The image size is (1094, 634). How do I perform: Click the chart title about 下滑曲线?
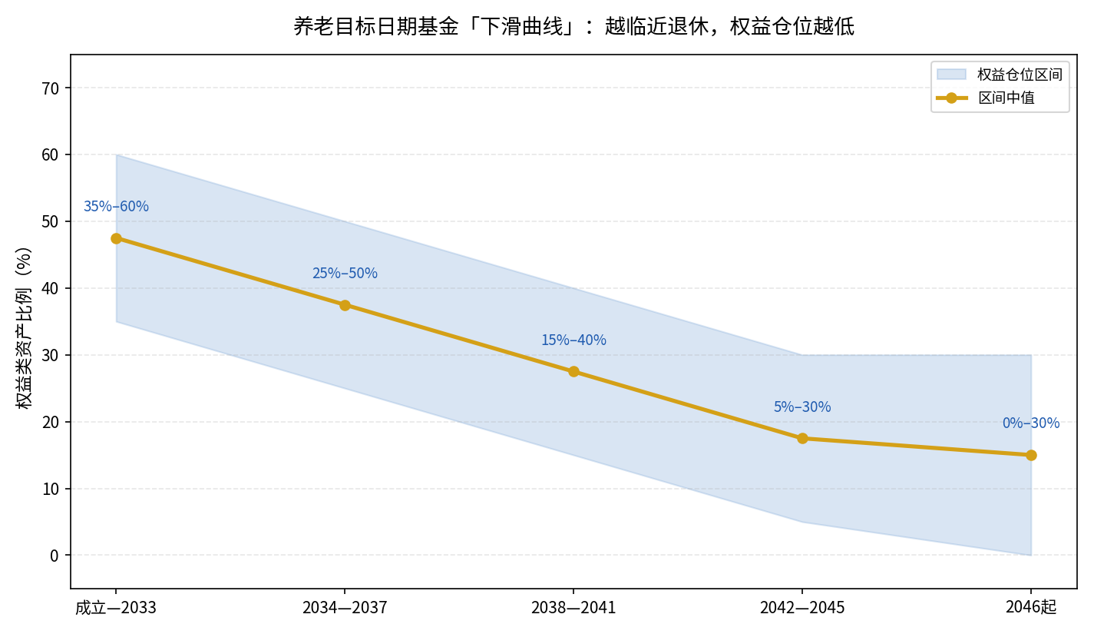pos(573,26)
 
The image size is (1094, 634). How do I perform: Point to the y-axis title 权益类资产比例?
pos(24,328)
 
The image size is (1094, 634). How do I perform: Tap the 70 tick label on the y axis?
pos(51,88)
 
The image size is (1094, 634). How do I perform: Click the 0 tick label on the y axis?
pos(55,556)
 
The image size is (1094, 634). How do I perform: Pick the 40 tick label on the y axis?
pos(51,288)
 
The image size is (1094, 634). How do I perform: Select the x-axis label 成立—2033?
pos(116,608)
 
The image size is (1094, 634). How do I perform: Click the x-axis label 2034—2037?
pos(345,608)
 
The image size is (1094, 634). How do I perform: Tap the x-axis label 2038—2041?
pos(573,608)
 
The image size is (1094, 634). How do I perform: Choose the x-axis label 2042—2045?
pos(802,608)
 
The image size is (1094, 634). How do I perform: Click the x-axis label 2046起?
pos(1031,607)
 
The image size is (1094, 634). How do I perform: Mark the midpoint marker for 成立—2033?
pos(116,238)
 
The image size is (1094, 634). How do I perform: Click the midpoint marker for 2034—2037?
pos(345,306)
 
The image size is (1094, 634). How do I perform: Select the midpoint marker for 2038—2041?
pos(573,372)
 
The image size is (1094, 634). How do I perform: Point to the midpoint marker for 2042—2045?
pos(802,439)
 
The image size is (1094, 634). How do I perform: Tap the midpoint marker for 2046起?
pos(1031,455)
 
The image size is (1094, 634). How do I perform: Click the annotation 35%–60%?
pos(116,206)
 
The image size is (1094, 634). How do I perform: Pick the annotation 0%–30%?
pos(1031,423)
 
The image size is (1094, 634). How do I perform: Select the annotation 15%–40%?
pos(573,340)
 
